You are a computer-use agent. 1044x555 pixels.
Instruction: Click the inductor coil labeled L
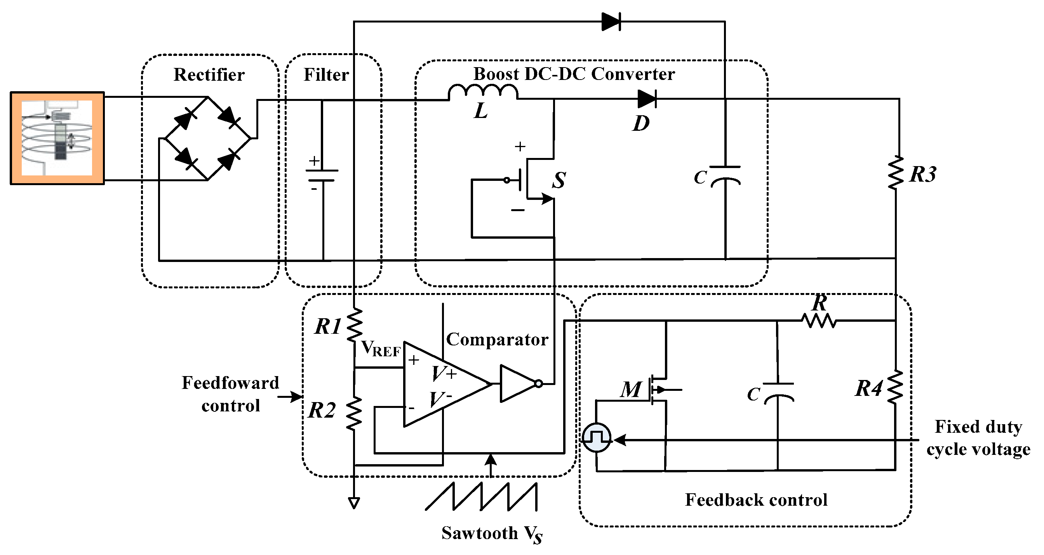pos(483,92)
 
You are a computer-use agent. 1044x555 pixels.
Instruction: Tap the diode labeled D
pos(647,99)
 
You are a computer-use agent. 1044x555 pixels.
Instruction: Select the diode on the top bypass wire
pos(611,21)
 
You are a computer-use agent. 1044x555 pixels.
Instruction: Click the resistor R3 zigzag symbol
pos(896,173)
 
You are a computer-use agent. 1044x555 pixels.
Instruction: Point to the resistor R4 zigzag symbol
pos(895,387)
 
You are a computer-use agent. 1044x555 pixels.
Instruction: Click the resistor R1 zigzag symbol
pos(355,325)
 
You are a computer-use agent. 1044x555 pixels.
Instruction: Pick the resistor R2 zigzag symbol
pos(354,413)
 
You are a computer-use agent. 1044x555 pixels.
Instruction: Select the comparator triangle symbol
pos(442,384)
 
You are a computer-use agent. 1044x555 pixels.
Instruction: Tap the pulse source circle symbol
pos(597,438)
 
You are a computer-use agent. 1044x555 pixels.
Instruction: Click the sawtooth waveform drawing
pos(482,497)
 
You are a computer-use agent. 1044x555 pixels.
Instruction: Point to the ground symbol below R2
pos(354,503)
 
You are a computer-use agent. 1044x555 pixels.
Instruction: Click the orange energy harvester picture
pos(57,138)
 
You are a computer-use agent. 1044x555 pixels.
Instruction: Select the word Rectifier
pos(209,75)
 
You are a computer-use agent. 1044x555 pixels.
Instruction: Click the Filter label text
pos(326,75)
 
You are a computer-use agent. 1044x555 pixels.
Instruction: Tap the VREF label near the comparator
pos(381,349)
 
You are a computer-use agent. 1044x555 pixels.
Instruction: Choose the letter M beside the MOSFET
pos(631,390)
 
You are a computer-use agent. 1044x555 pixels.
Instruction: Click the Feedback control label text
pos(756,499)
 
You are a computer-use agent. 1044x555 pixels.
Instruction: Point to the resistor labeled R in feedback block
pos(819,321)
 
